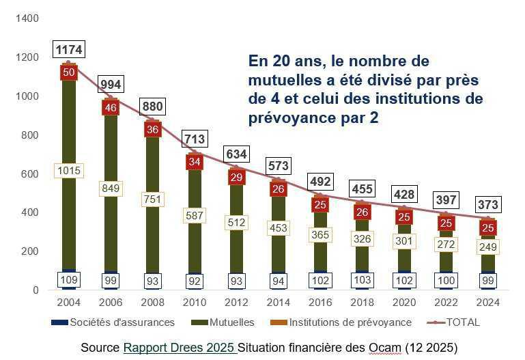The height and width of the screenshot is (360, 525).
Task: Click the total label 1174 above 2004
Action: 69,50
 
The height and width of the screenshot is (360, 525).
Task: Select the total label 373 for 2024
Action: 487,204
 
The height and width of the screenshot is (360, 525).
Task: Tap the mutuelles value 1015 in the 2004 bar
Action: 69,171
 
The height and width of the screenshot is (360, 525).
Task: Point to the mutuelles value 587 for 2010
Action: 195,215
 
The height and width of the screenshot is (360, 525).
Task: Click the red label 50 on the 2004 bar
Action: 69,72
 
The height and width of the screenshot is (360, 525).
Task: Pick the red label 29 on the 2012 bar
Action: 236,177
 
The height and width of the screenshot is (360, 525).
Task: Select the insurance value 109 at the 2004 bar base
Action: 69,279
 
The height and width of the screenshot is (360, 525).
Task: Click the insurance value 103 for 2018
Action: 362,279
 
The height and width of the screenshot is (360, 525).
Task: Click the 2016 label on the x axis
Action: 320,303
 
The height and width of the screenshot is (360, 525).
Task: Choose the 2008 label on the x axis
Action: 153,303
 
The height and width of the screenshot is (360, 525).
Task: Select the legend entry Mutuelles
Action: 228,322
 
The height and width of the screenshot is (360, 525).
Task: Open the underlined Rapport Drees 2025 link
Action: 180,348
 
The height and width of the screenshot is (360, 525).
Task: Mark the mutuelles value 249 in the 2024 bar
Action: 487,246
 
